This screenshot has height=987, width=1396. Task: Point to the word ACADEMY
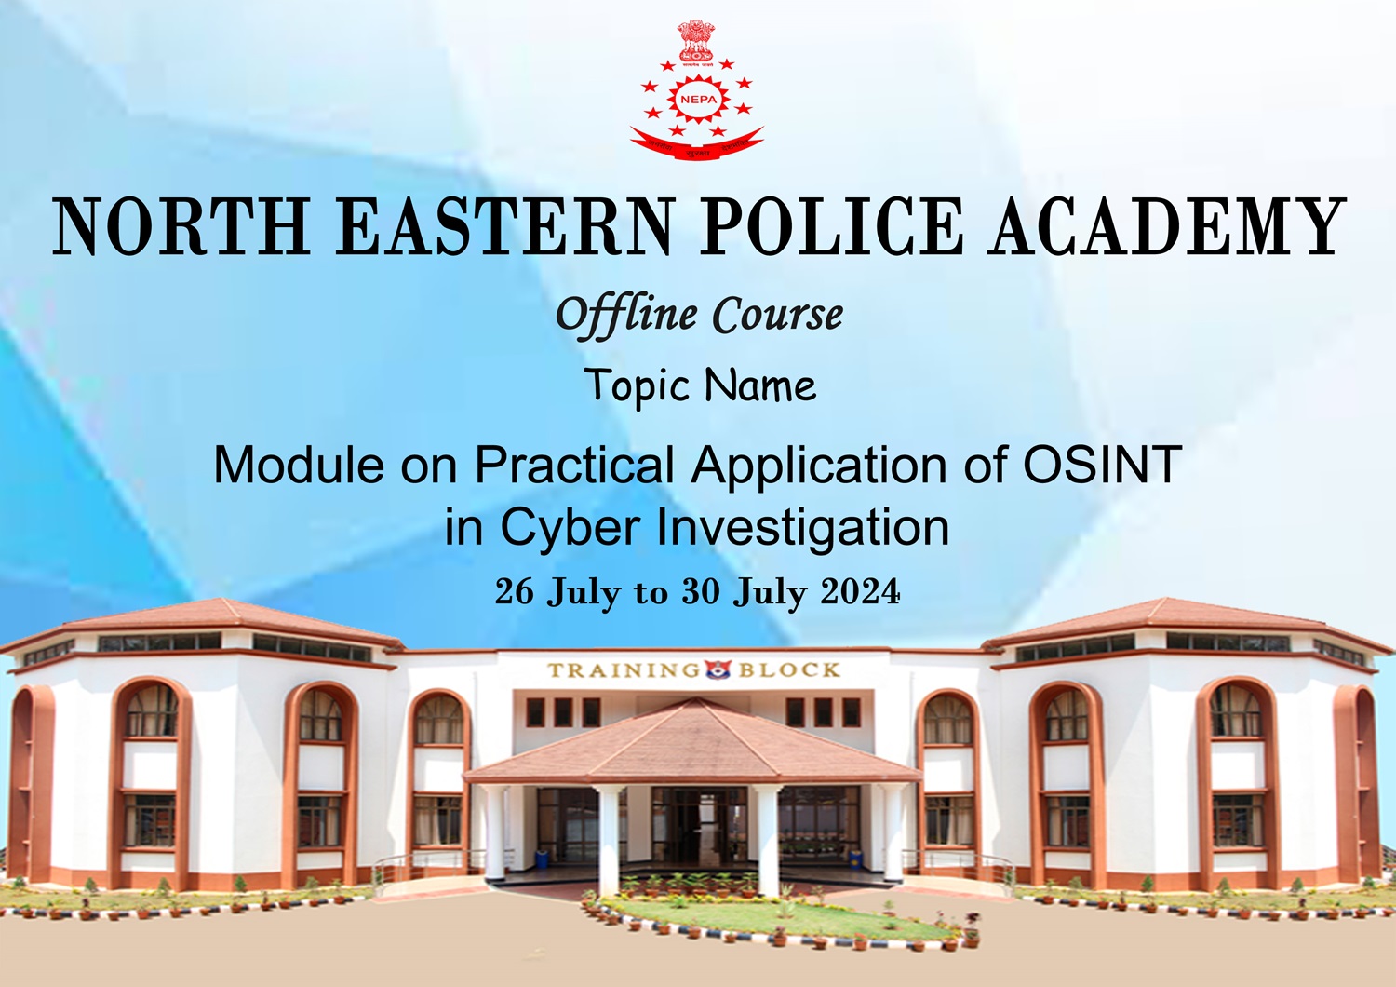coord(1168,226)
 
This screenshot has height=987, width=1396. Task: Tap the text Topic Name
coord(700,385)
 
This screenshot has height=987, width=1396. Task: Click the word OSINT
coord(1103,464)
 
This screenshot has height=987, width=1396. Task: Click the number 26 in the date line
coord(514,591)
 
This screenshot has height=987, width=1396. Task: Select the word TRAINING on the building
coord(623,670)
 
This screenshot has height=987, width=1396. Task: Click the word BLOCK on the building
coord(789,670)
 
